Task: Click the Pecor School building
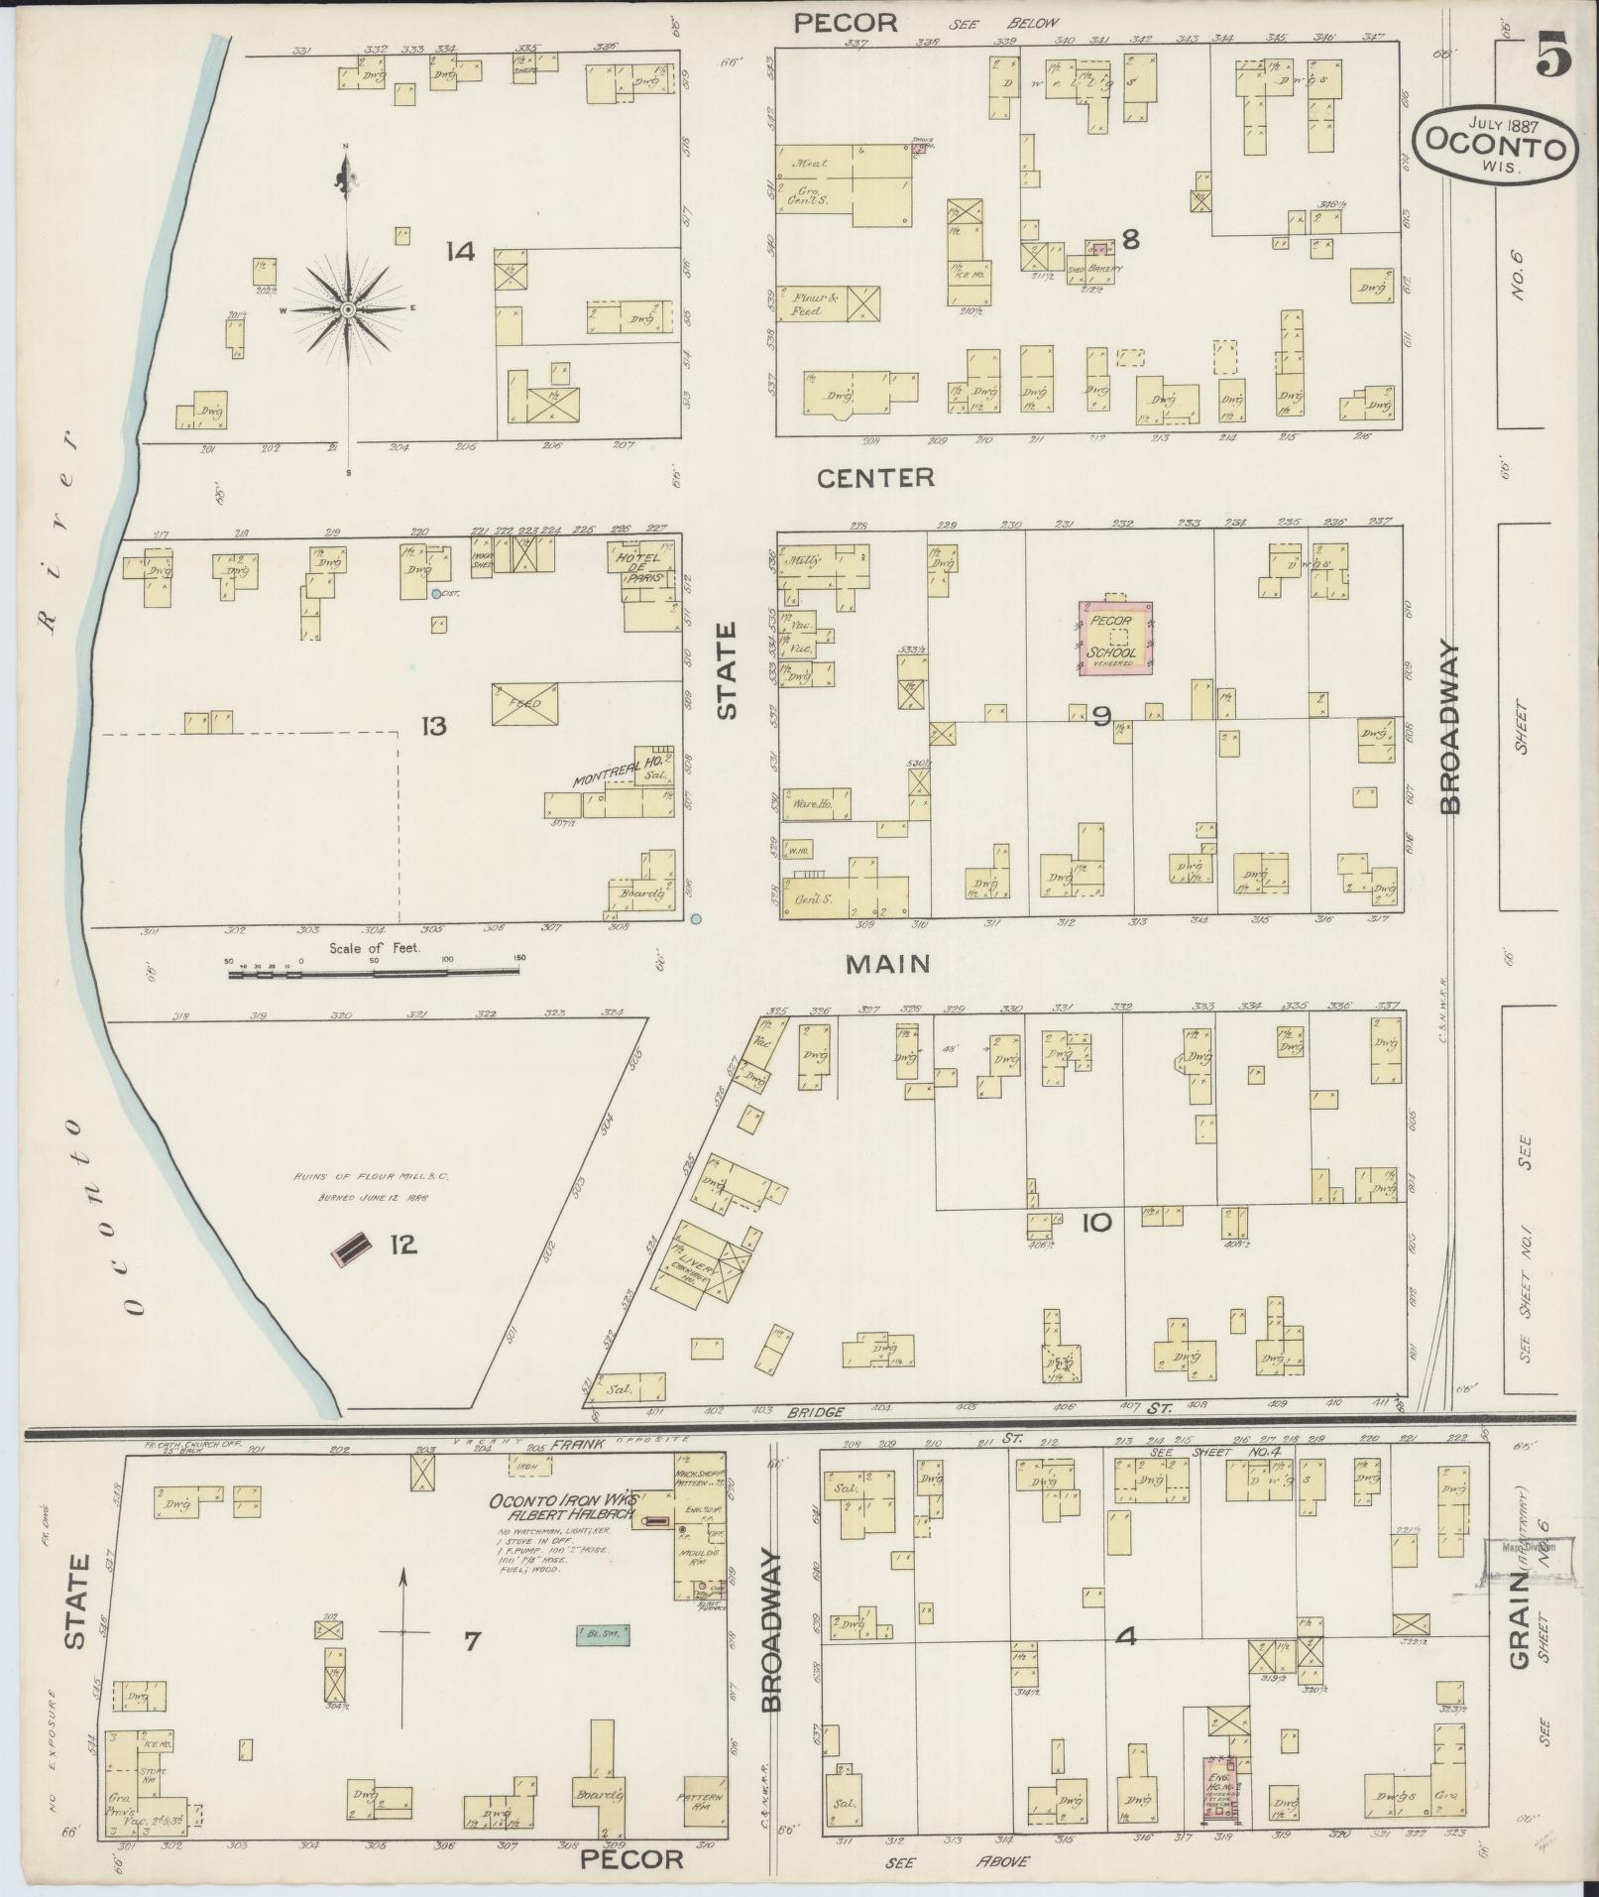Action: (1116, 642)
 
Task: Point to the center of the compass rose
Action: (348, 310)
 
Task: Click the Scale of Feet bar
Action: (374, 973)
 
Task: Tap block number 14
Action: (460, 252)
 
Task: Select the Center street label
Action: (875, 478)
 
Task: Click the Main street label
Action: (888, 963)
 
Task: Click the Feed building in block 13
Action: (524, 703)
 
